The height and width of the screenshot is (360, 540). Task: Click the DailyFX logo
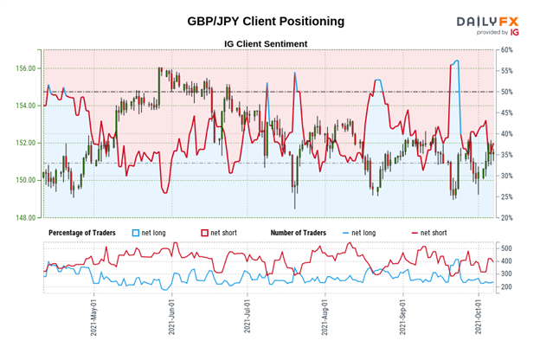[488, 23]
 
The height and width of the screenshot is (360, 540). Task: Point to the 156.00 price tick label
[26, 68]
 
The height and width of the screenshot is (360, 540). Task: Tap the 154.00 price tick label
[26, 106]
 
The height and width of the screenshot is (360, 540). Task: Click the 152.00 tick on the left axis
[26, 143]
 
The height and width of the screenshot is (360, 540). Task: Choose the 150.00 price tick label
[26, 180]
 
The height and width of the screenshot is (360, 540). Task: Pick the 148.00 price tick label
[26, 217]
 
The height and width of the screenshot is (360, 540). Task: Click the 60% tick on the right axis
[508, 49]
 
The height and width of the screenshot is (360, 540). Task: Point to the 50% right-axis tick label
[508, 92]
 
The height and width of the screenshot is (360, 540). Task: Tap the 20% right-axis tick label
[508, 218]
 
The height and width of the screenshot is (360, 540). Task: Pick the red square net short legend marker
[206, 234]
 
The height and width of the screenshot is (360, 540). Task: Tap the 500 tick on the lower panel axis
[506, 248]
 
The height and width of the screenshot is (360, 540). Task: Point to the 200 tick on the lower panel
[506, 286]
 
